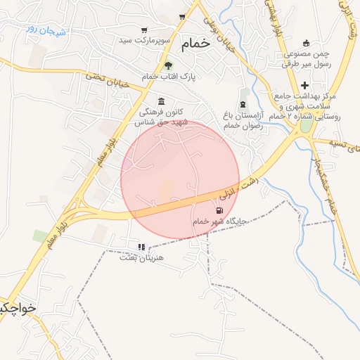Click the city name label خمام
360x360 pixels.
coord(195,44)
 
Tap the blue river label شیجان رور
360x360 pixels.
coord(46,30)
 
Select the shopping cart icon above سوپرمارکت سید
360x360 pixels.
coord(144,30)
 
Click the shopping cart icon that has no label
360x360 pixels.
coord(182,17)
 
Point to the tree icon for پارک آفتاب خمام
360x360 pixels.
coord(167,65)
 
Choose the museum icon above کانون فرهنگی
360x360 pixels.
coord(162,101)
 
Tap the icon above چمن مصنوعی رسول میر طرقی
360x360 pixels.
coord(305,44)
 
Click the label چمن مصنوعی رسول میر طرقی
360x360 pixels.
coord(306,59)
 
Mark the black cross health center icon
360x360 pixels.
coord(304,85)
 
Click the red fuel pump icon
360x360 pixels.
coord(220,210)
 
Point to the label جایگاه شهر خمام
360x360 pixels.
coord(220,221)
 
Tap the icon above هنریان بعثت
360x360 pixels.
coord(141,247)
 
